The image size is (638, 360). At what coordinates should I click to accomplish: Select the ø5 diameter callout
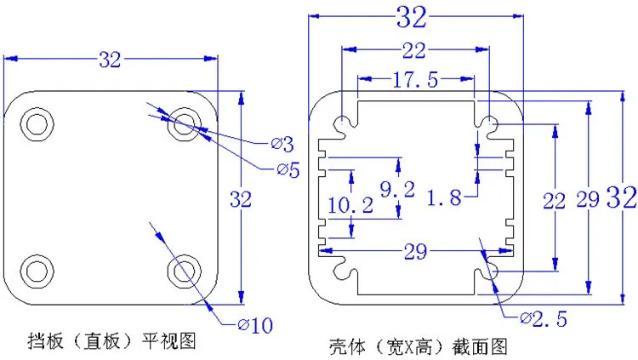click(288, 169)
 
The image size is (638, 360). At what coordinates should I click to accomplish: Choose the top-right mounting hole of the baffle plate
click(182, 125)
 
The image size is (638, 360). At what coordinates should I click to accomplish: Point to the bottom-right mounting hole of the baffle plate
click(182, 270)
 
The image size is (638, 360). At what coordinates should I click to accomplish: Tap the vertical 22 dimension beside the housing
click(554, 201)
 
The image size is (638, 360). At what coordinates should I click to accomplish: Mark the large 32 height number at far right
click(621, 198)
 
